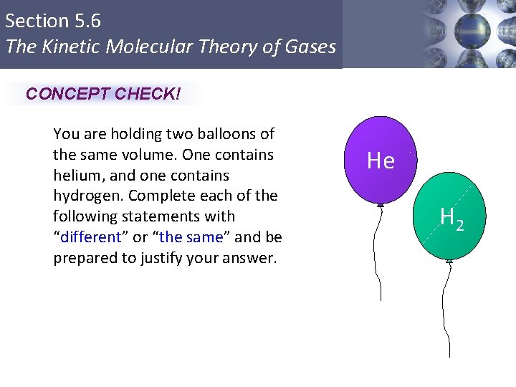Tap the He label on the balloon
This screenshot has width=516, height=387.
(x=381, y=161)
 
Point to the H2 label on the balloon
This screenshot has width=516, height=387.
(x=451, y=218)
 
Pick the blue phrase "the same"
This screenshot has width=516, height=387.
(x=193, y=237)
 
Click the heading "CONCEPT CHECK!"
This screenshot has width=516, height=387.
(x=103, y=94)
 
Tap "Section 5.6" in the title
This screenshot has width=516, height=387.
(x=53, y=21)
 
